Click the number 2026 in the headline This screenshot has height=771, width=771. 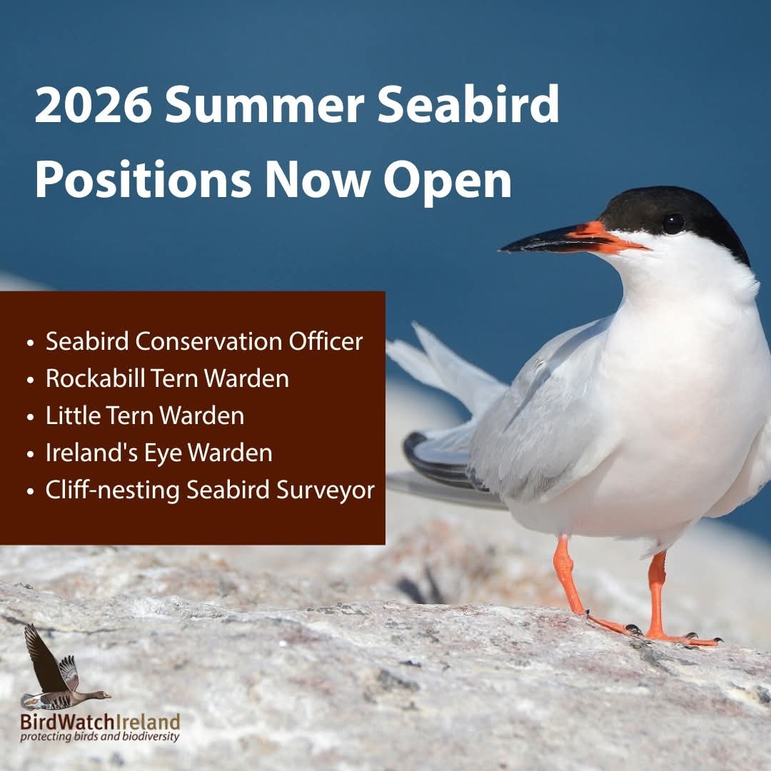[x=93, y=105]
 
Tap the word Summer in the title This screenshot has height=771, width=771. [x=265, y=105]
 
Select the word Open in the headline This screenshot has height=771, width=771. [x=448, y=181]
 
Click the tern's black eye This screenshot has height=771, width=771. [x=672, y=223]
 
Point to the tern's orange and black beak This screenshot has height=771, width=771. [x=573, y=238]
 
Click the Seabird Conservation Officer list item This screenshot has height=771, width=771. [x=204, y=341]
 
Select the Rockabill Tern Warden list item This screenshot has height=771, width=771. [x=167, y=378]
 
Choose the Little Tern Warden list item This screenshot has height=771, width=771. [x=145, y=415]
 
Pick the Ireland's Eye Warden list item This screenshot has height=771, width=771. [x=158, y=453]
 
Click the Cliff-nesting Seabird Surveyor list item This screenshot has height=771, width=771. [x=210, y=490]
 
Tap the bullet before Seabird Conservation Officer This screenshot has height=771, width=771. [x=31, y=343]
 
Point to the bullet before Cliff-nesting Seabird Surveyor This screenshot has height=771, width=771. [x=31, y=491]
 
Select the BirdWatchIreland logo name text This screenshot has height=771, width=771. [x=101, y=722]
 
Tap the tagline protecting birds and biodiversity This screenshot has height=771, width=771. [x=100, y=737]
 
